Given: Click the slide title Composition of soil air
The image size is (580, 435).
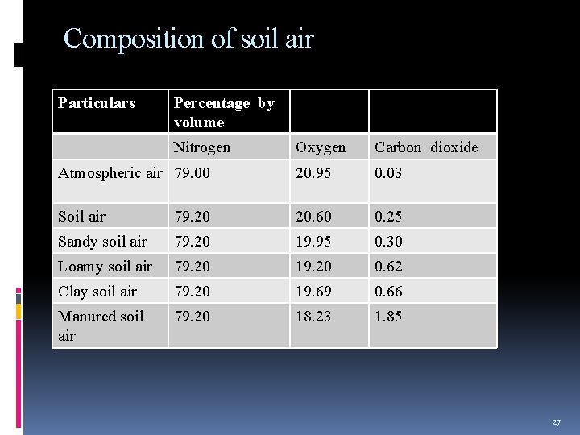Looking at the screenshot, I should pyautogui.click(x=188, y=39).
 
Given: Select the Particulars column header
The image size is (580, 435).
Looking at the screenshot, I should pyautogui.click(x=97, y=103).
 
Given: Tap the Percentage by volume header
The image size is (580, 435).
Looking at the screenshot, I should pyautogui.click(x=224, y=113).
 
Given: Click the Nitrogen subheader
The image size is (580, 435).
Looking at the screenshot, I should pyautogui.click(x=202, y=147).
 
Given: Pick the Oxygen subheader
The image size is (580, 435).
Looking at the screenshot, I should pyautogui.click(x=321, y=147).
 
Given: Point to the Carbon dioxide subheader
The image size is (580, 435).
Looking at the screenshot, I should pyautogui.click(x=426, y=147).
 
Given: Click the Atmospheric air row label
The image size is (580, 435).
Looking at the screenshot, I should pyautogui.click(x=110, y=173).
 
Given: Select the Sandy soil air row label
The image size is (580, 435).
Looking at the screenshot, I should pyautogui.click(x=102, y=242).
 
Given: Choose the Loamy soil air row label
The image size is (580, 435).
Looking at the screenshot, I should pyautogui.click(x=105, y=267).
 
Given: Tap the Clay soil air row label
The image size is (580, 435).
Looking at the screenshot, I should pyautogui.click(x=97, y=292).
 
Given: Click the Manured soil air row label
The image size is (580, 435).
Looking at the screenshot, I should pyautogui.click(x=101, y=325).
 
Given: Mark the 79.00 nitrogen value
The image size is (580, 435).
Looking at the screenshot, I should pyautogui.click(x=192, y=173).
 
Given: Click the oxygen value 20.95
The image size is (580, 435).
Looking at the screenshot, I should pyautogui.click(x=313, y=173).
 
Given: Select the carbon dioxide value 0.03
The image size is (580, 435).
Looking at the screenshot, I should pyautogui.click(x=388, y=173).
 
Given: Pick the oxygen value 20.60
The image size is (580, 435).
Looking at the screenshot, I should pyautogui.click(x=313, y=217).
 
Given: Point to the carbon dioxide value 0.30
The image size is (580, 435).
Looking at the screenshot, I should pyautogui.click(x=388, y=242).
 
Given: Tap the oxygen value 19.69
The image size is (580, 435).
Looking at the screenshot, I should pyautogui.click(x=313, y=292).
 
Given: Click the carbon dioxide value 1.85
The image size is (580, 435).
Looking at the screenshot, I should pyautogui.click(x=388, y=317).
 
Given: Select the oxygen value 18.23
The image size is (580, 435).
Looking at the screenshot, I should pyautogui.click(x=313, y=317).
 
